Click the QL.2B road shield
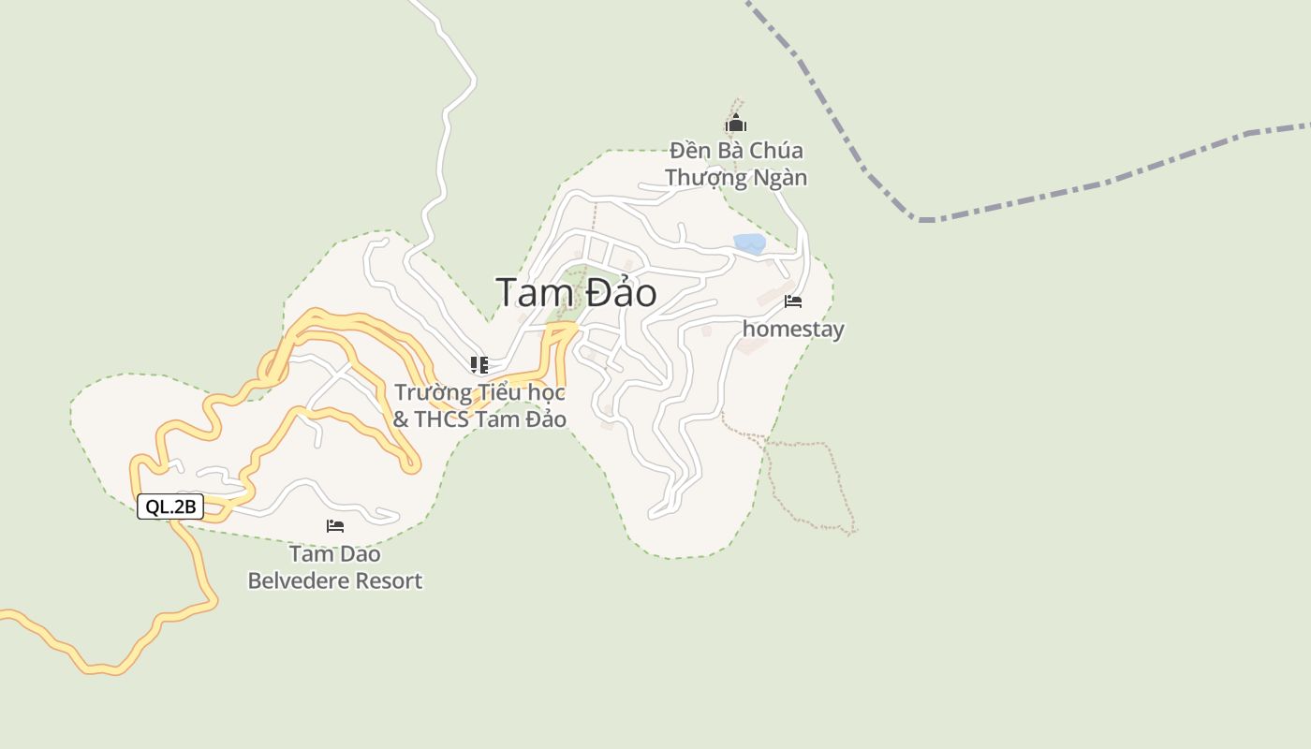(170, 507)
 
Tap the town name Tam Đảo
(576, 293)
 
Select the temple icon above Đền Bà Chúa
(736, 123)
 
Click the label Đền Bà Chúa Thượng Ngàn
(736, 164)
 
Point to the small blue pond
(750, 243)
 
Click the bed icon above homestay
(793, 301)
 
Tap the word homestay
(793, 330)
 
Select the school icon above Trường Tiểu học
(479, 364)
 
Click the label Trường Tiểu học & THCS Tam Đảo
(479, 405)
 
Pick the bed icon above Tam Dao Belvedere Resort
(335, 526)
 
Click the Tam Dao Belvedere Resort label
(335, 567)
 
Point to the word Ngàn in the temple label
(782, 178)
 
